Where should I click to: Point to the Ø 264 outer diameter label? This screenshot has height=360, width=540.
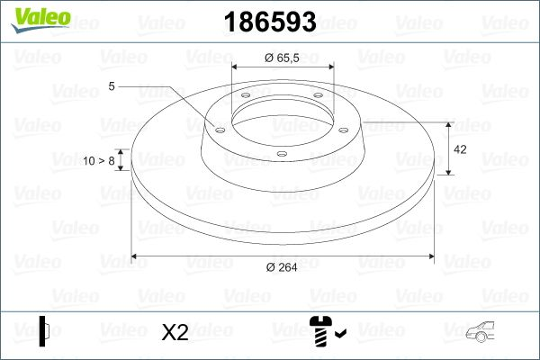(282, 266)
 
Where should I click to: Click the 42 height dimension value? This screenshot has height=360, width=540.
(460, 148)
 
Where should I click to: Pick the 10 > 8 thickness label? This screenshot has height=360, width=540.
(99, 161)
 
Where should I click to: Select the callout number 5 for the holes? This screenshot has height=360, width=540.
(111, 86)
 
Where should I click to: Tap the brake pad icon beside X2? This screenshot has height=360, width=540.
(44, 331)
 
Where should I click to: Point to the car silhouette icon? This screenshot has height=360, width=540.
(483, 334)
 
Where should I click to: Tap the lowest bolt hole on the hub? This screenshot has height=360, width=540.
(282, 154)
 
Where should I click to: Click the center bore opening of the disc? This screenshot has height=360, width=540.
(282, 117)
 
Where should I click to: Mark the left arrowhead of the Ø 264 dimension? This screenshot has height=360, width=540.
(136, 257)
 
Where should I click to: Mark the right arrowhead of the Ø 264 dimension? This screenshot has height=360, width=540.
(430, 257)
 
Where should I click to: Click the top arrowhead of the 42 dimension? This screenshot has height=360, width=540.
(449, 124)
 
